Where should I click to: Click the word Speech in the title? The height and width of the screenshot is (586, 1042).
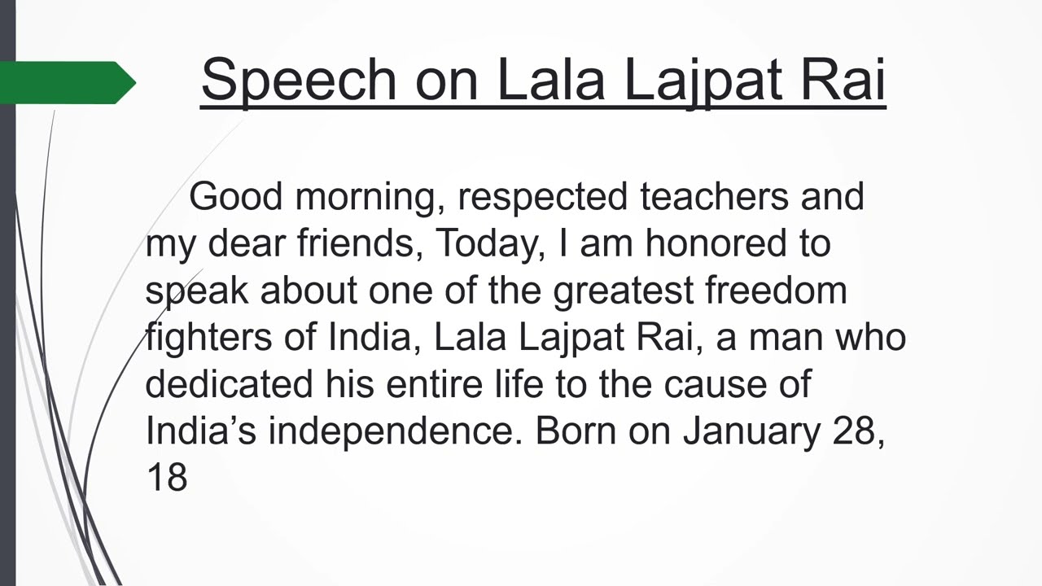point(297,79)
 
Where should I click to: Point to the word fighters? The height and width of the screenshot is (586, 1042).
point(208,337)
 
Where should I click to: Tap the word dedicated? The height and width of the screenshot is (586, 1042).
point(229,383)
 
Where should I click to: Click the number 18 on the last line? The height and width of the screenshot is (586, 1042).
point(167,477)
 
